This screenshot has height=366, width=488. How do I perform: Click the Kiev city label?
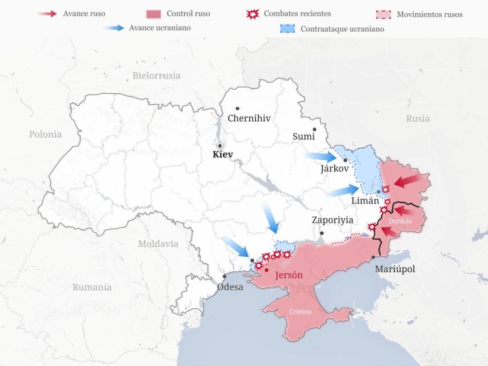[222, 154]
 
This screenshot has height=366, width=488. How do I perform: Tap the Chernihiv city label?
[249, 118]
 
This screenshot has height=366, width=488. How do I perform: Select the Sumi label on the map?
[303, 136]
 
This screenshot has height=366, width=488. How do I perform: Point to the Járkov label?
[335, 169]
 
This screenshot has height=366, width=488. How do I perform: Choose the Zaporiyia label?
[332, 220]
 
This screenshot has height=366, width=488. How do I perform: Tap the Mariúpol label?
[395, 269]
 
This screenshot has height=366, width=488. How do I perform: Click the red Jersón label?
[289, 276]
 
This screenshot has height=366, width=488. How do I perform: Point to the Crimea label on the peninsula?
[300, 312]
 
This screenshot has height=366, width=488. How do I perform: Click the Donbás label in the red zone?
[400, 220]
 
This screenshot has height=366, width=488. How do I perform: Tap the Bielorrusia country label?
[156, 75]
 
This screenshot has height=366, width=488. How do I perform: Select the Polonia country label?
[45, 134]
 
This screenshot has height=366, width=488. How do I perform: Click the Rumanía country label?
[91, 287]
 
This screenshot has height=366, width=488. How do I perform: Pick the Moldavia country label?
[158, 244]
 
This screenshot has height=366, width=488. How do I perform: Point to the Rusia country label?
[418, 118]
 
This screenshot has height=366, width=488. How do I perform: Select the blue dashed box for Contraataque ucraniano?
[289, 29]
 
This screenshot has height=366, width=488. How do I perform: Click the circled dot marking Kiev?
[219, 146]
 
